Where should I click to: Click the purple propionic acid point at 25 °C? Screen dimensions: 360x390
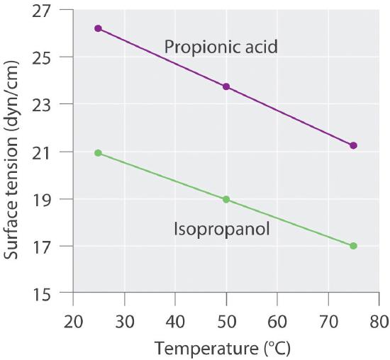tap(98, 28)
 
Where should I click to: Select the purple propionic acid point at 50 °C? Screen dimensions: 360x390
tap(226, 86)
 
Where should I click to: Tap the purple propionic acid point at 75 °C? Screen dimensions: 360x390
tap(353, 145)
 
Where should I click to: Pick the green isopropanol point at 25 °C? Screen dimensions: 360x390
tap(98, 153)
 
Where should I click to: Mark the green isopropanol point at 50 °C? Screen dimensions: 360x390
tap(226, 199)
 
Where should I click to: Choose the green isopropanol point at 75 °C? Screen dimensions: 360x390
tap(353, 246)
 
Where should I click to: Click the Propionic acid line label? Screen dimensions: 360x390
tap(221, 47)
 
